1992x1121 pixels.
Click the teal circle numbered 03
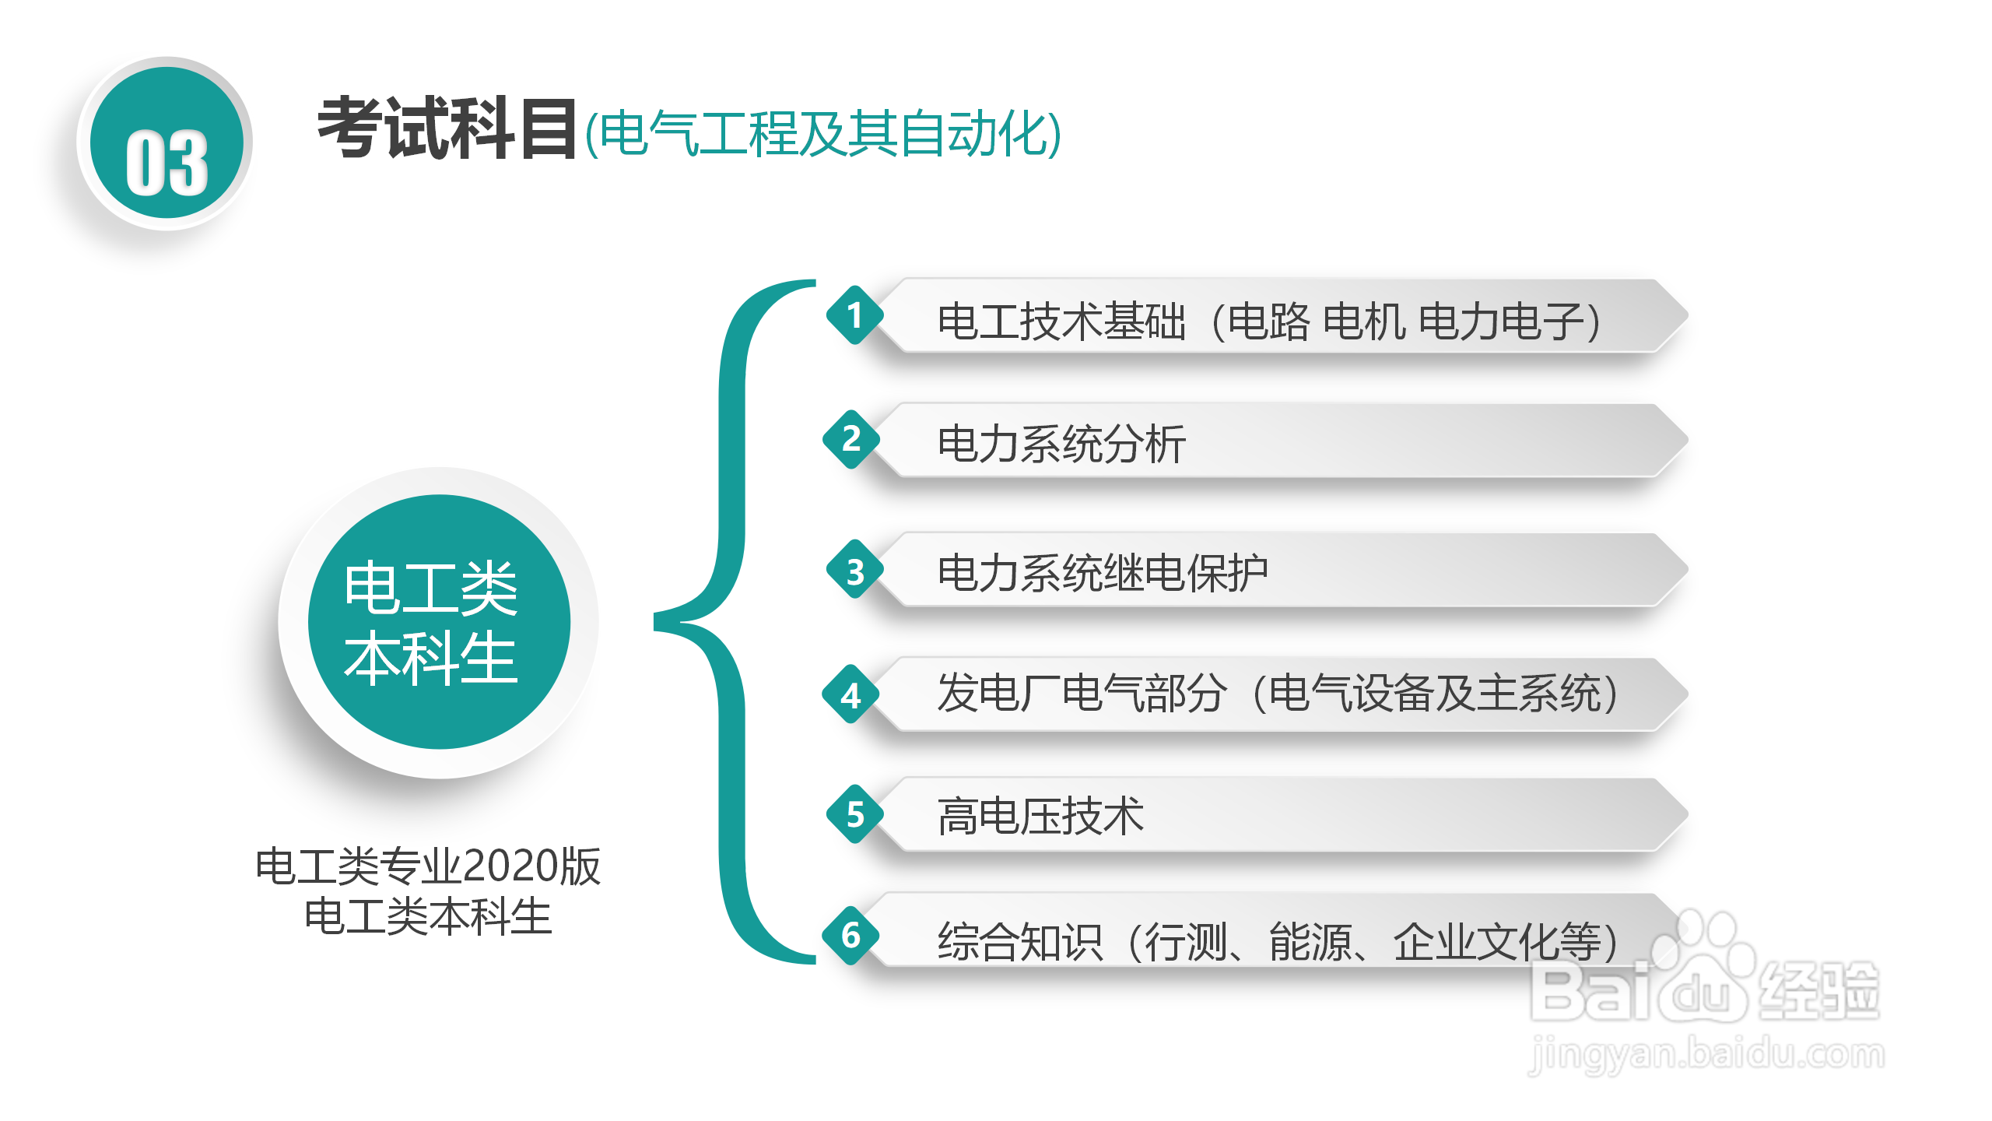pyautogui.click(x=167, y=144)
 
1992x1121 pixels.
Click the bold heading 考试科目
pyautogui.click(x=447, y=129)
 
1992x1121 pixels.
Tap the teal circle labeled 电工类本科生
pyautogui.click(x=439, y=622)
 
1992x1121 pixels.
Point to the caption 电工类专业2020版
pyautogui.click(x=428, y=866)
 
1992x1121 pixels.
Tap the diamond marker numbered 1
pyautogui.click(x=854, y=315)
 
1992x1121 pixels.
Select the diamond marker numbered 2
pyautogui.click(x=851, y=439)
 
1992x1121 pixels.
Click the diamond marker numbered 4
pyautogui.click(x=851, y=694)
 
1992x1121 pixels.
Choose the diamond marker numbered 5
pyautogui.click(x=855, y=814)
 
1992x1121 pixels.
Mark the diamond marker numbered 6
pyautogui.click(x=851, y=935)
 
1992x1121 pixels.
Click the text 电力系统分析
pyautogui.click(x=1061, y=445)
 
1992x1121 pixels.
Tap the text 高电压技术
pyautogui.click(x=1040, y=817)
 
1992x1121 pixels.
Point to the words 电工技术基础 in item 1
pyautogui.click(x=1061, y=322)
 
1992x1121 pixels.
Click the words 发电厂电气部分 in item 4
pyautogui.click(x=1082, y=693)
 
